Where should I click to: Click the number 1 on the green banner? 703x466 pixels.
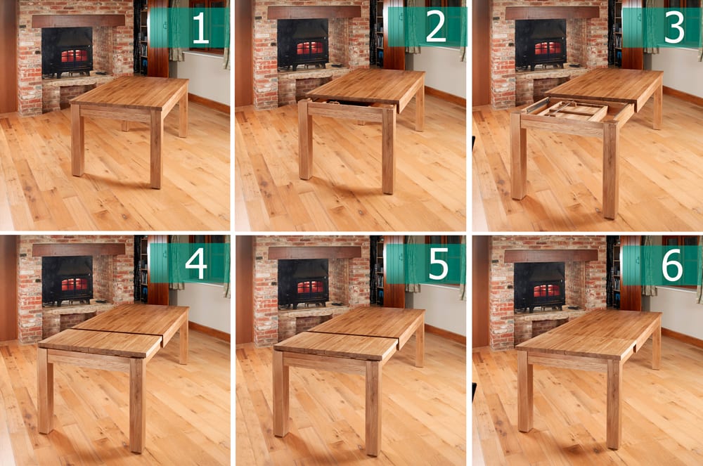tap(200, 29)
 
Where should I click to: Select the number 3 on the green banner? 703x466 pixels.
tap(674, 28)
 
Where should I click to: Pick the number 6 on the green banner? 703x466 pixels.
tap(672, 266)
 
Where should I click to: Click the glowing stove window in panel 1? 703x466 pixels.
tap(74, 56)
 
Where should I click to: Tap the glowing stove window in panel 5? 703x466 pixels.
tap(310, 287)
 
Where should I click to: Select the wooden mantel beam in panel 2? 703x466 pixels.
tap(314, 12)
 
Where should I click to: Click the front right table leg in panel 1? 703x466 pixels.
tap(155, 149)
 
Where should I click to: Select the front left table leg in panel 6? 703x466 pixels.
tap(525, 391)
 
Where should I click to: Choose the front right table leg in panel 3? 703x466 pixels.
tap(610, 171)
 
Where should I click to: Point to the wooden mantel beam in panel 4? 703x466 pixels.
tap(79, 249)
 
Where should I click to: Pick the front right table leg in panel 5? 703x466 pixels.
tap(373, 408)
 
